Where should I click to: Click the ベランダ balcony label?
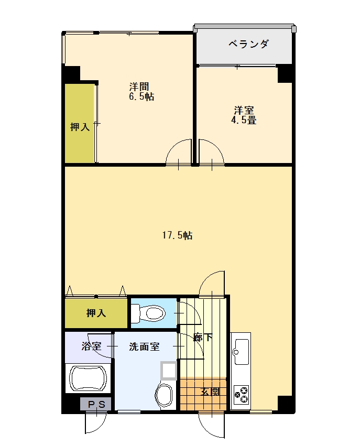(248, 44)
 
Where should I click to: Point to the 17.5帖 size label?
(177, 235)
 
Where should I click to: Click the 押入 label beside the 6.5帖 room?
(80, 126)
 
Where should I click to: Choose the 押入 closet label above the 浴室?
(96, 313)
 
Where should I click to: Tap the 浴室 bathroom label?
(91, 346)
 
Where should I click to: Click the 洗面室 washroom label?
(145, 346)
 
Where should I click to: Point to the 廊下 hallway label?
(203, 337)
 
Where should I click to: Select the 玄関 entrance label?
(211, 392)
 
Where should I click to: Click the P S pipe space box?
(96, 404)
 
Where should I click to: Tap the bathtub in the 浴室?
(88, 378)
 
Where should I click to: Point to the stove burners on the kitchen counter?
(241, 394)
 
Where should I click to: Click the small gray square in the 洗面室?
(169, 371)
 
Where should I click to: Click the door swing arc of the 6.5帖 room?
(179, 153)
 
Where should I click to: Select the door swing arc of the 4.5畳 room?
(212, 153)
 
